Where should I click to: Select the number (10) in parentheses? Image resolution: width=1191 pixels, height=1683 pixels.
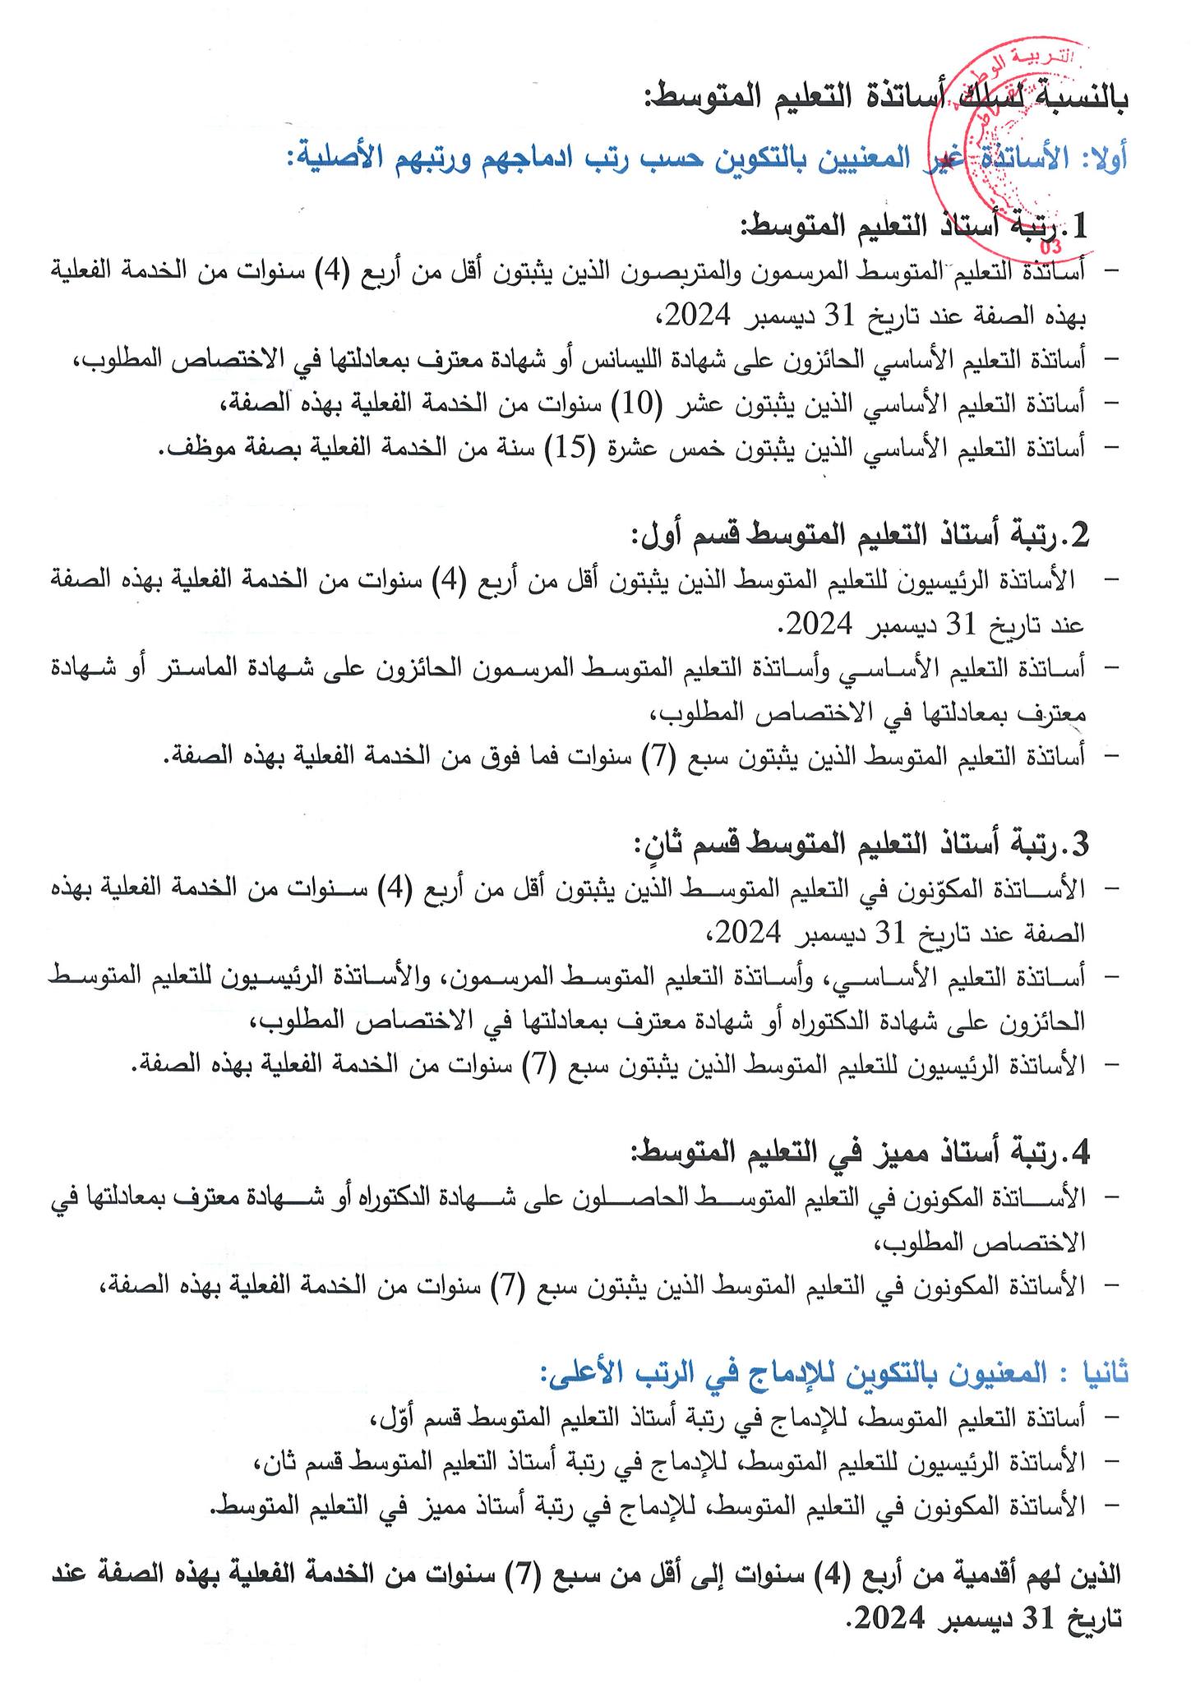tap(658, 403)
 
